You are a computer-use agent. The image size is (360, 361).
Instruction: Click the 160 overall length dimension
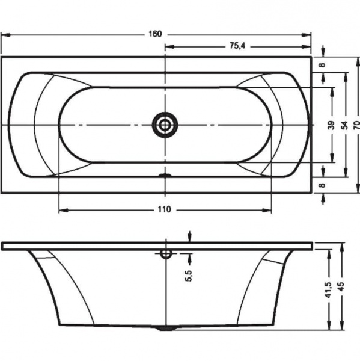pos(155,34)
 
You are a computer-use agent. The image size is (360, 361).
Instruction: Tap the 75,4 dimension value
pos(237,46)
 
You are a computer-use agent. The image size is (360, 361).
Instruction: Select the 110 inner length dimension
pos(165,209)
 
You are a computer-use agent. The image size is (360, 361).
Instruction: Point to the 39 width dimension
pos(332,125)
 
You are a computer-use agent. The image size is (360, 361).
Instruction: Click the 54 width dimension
pos(345,125)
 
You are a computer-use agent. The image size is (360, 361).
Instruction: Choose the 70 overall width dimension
pos(357,125)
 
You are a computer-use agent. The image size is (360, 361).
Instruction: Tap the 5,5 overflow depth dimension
pos(188,276)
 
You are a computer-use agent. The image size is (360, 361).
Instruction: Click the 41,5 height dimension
pos(329,290)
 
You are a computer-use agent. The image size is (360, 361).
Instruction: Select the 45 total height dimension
pos(341,286)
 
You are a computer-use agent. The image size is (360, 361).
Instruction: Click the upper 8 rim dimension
pos(323,65)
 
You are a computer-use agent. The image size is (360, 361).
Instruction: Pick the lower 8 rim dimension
pos(323,185)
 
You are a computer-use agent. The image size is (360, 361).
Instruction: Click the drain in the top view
pos(165,125)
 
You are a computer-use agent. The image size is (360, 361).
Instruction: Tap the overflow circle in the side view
pos(166,253)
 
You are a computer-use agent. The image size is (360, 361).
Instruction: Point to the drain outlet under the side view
pos(166,328)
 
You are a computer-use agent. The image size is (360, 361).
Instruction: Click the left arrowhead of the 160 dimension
pos(5,35)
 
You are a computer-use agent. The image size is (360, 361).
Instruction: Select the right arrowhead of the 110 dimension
pos(267,210)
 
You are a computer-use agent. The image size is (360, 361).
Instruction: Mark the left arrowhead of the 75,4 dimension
pos(169,47)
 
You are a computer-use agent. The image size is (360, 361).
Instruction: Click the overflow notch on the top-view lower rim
pos(165,176)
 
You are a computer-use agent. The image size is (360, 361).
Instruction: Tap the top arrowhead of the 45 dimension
pos(342,247)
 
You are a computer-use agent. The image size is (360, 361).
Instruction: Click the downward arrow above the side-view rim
pos(189,236)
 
